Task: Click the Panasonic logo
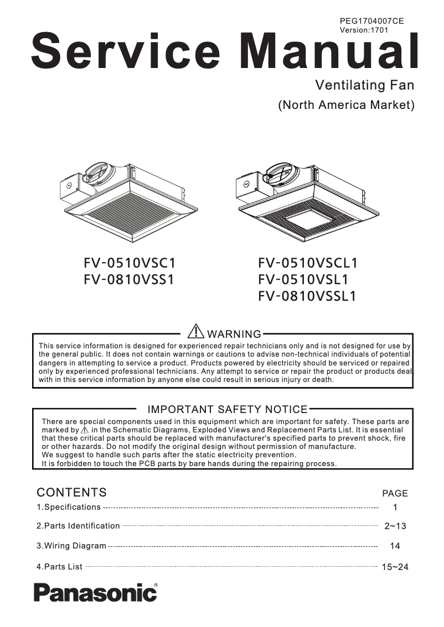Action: click(95, 592)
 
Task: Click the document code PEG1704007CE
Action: click(371, 21)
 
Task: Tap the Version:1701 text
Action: click(364, 30)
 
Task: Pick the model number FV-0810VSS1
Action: click(129, 280)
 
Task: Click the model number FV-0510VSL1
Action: click(303, 280)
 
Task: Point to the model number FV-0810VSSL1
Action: click(307, 297)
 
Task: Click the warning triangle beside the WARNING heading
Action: click(196, 331)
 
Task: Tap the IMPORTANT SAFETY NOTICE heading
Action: click(227, 410)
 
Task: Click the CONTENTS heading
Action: click(71, 493)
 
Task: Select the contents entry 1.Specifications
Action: click(69, 507)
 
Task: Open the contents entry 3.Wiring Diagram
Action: click(71, 546)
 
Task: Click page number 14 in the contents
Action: click(395, 546)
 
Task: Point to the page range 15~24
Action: click(395, 567)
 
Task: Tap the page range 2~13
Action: click(395, 526)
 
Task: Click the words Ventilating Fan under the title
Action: click(364, 86)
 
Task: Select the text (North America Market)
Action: click(346, 105)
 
